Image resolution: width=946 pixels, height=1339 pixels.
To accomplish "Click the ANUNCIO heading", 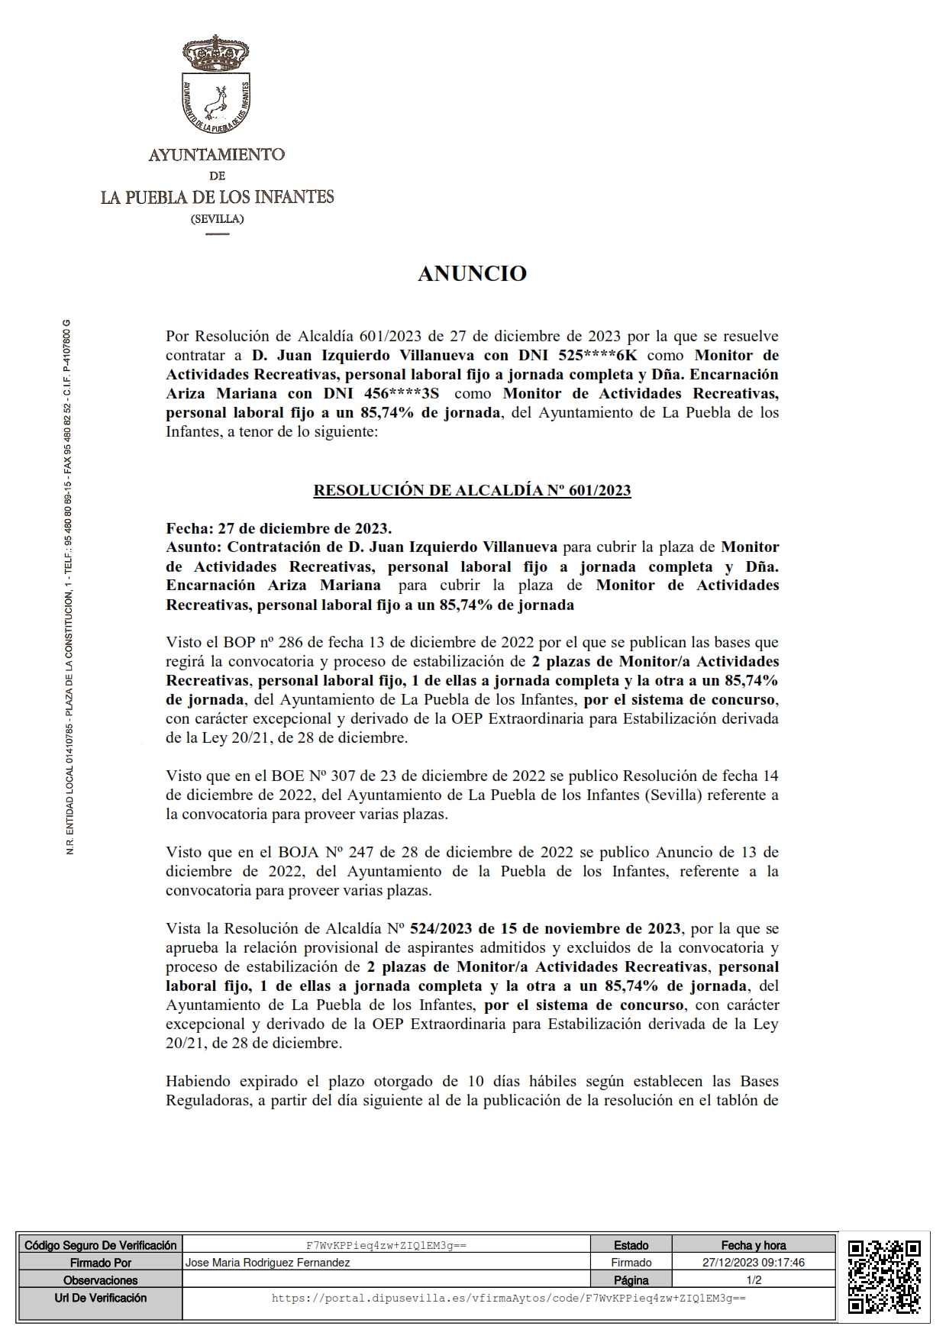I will point(472,274).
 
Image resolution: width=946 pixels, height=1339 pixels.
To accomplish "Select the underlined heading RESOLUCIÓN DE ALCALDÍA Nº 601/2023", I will point(472,490).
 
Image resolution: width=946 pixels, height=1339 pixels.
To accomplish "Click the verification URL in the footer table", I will point(509,1298).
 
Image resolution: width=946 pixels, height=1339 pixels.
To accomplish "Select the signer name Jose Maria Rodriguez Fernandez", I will point(268,1263).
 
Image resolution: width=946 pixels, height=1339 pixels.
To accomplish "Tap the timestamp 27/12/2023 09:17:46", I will point(753,1263).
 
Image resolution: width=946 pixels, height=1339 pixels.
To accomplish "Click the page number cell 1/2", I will point(753,1280).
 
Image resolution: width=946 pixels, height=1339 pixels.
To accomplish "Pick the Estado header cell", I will point(631,1245).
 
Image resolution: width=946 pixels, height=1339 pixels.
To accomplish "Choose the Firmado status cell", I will point(631,1263).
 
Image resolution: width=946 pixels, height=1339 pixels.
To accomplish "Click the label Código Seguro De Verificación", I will point(101,1245).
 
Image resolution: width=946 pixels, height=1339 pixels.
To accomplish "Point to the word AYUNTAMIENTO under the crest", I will point(217,155).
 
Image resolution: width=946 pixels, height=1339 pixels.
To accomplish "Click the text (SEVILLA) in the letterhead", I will point(217,219).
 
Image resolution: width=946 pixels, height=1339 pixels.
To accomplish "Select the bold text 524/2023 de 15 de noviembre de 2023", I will point(545,928).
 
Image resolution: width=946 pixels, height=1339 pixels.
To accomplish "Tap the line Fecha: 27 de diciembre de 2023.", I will point(279,528).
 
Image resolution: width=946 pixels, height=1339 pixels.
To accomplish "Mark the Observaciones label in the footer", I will point(101,1280).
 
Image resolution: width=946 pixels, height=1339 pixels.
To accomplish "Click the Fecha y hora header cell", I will point(753,1245).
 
